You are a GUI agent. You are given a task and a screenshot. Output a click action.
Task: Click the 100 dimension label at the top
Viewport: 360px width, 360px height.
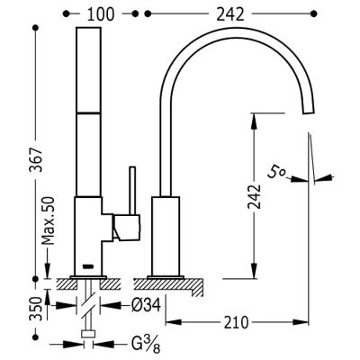click(x=101, y=14)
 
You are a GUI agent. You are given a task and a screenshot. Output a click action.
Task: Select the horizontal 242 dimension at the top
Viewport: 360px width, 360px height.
click(x=230, y=14)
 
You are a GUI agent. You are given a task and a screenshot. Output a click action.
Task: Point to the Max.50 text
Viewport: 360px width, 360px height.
click(x=48, y=220)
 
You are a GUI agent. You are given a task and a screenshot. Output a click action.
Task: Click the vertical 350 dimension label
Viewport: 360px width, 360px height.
click(x=35, y=309)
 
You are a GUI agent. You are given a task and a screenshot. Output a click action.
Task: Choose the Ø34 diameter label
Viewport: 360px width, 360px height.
click(x=146, y=305)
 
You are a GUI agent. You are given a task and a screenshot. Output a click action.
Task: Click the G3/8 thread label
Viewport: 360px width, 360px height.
click(x=146, y=344)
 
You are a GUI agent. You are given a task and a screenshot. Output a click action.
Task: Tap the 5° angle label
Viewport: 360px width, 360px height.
click(x=276, y=174)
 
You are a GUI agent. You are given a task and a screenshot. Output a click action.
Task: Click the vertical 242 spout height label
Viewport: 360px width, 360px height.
click(x=255, y=196)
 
